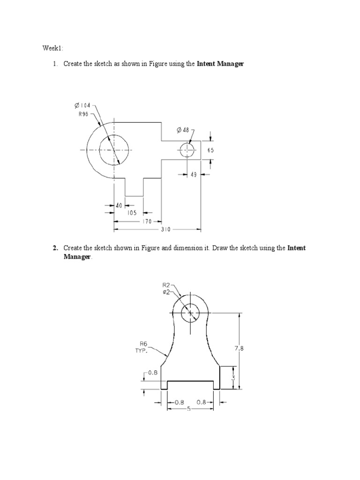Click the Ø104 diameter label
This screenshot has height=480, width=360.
82,105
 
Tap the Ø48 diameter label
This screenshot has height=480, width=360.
183,129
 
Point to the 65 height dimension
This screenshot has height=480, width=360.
210,150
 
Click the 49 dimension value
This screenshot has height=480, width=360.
194,174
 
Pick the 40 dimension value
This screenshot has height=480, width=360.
119,205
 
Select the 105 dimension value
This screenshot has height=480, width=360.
132,213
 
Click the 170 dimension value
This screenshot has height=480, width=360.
147,221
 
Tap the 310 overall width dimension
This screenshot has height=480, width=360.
165,230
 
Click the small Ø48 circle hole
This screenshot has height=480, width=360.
187,150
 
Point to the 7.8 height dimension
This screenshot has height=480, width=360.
240,348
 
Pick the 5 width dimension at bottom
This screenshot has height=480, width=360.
188,409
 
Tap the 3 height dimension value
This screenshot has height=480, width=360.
233,378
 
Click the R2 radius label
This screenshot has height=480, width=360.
166,285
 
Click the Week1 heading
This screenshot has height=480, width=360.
52,48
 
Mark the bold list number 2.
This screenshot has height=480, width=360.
55,248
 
